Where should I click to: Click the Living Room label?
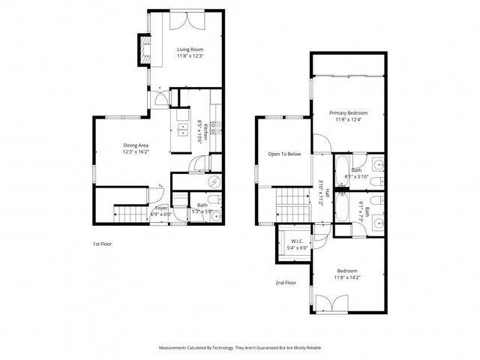point(190,49)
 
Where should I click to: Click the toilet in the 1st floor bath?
point(212,199)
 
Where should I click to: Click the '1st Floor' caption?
point(102,244)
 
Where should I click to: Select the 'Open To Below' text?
point(284,154)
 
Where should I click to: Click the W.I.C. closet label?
point(295,241)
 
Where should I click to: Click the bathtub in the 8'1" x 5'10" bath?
point(341,168)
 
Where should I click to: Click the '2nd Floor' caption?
point(286,283)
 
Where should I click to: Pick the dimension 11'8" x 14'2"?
point(346,277)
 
